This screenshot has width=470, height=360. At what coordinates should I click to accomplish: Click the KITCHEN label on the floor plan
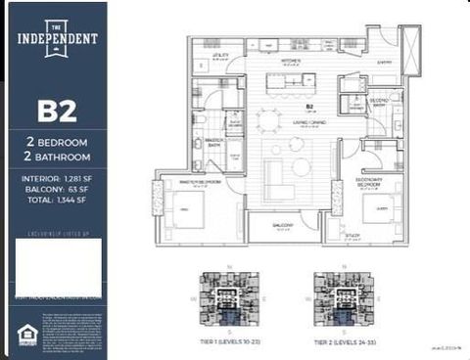(x=289, y=61)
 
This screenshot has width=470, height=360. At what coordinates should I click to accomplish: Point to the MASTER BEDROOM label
(x=200, y=182)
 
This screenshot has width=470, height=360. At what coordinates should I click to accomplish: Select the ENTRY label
(x=384, y=61)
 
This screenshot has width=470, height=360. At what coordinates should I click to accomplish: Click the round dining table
(x=268, y=120)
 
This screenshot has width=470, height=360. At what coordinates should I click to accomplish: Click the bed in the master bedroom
(x=188, y=209)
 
